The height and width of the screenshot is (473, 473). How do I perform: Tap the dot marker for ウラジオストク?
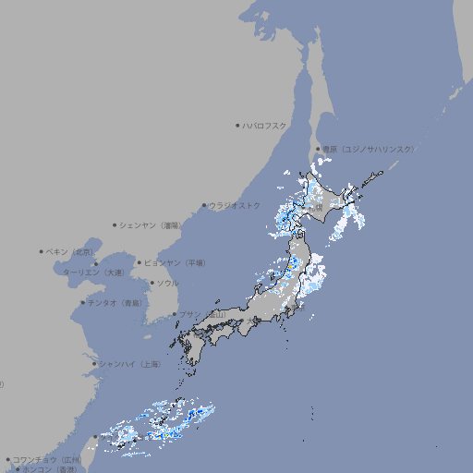tap(205, 205)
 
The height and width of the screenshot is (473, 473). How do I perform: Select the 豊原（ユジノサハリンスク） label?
tap(369, 149)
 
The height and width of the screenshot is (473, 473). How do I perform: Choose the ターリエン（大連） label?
tap(94, 273)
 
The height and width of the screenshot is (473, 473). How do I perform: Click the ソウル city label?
tap(168, 283)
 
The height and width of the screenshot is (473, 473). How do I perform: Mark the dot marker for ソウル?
tap(152, 283)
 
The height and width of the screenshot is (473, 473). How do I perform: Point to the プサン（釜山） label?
tap(201, 315)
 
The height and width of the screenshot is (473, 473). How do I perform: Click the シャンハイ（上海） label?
tap(130, 364)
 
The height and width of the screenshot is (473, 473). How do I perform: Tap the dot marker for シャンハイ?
tap(94, 364)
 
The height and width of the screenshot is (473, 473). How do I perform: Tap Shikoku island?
tap(218, 337)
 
